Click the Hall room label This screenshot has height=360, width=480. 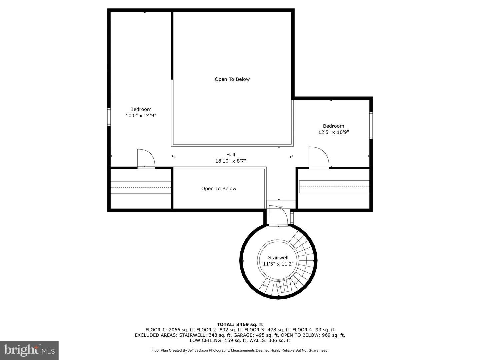pos(231,155)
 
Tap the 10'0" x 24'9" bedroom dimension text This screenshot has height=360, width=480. pos(141,116)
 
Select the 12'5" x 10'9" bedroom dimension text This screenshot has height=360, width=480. pos(333,132)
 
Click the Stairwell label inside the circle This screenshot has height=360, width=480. pos(278,258)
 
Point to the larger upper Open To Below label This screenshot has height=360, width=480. pos(232,79)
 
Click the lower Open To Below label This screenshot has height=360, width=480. pos(219,189)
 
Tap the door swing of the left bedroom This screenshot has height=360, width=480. pos(146,159)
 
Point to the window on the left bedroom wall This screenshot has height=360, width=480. pos(109,117)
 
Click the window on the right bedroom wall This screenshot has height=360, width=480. pos(371,125)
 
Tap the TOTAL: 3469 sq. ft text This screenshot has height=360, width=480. pos(240,324)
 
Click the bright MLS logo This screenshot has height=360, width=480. pos(29,350)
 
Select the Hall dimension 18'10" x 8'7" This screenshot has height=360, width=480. pos(231,161)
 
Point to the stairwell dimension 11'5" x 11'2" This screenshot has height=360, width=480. pos(278,264)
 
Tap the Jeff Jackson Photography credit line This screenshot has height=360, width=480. pos(240,350)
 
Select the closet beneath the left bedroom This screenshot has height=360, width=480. pos(141,189)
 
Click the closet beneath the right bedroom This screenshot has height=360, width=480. pos(334,189)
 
